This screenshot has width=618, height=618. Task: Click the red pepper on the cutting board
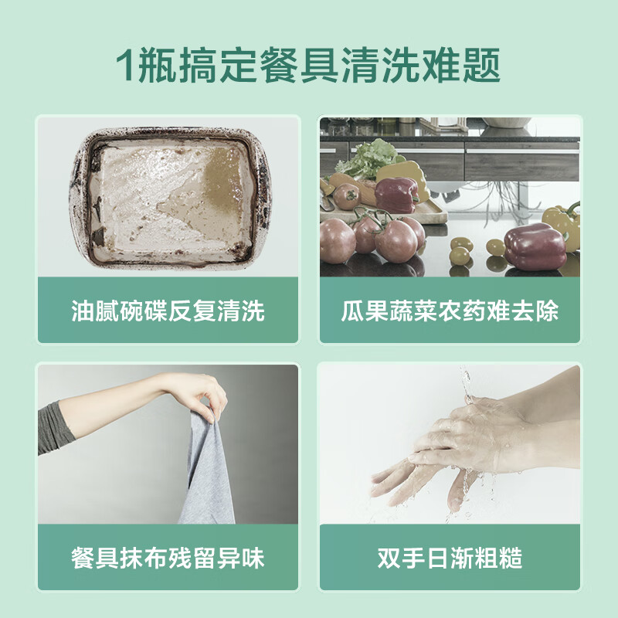point(396,194)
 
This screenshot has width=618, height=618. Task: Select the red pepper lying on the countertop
point(535,246)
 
